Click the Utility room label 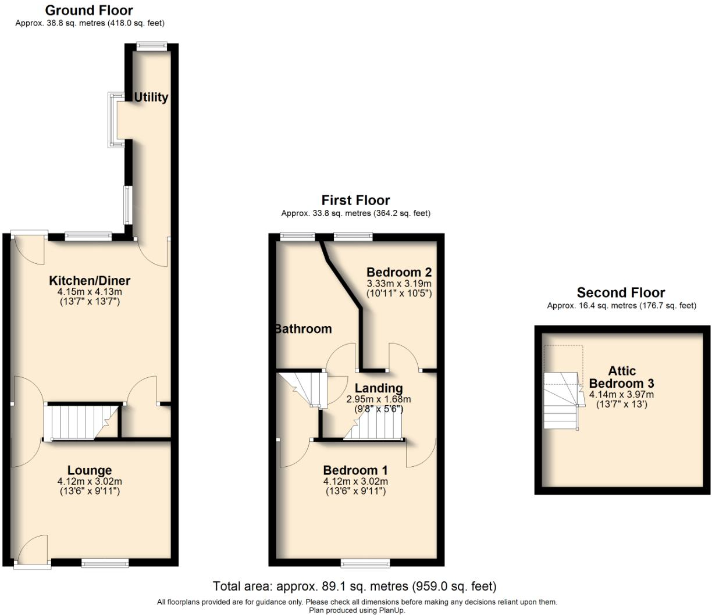pos(151,97)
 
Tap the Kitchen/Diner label pos(90,281)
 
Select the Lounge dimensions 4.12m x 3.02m pos(90,481)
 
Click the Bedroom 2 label pos(399,272)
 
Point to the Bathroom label pos(304,329)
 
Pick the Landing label pos(379,388)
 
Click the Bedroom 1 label pos(355,470)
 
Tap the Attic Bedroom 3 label pos(621,377)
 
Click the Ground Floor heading pos(89,10)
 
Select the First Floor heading pos(355,201)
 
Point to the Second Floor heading pos(621,292)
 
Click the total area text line pos(355,586)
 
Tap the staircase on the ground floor pos(81,421)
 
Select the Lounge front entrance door pos(32,551)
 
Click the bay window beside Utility pos(113,120)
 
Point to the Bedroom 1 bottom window pos(365,563)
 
